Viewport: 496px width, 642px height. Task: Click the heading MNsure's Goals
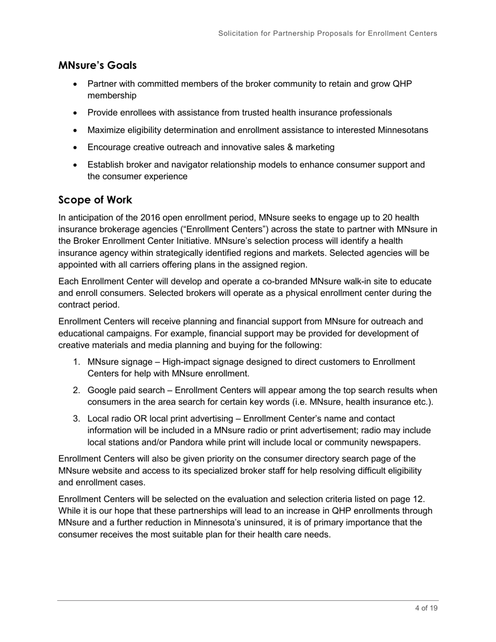[x=98, y=66]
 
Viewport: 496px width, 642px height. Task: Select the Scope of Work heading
[x=95, y=200]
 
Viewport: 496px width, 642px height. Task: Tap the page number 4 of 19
[x=426, y=608]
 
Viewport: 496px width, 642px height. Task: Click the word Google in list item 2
[x=103, y=390]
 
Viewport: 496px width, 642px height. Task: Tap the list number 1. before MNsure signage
[x=77, y=362]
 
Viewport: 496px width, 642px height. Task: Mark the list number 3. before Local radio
[x=77, y=419]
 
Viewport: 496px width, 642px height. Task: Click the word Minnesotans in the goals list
[x=401, y=130]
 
